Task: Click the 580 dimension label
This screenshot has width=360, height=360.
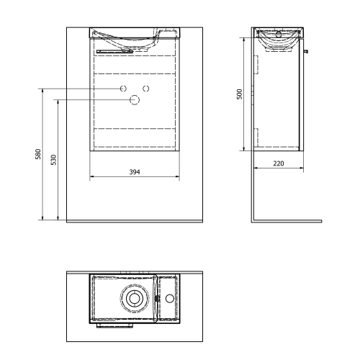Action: click(38, 154)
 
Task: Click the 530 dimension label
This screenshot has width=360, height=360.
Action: click(54, 160)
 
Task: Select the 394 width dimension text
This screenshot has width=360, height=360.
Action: click(135, 172)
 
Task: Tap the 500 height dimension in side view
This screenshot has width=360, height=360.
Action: click(240, 94)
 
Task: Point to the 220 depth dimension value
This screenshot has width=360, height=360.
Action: click(279, 163)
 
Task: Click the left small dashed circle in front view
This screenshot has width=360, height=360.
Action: click(123, 89)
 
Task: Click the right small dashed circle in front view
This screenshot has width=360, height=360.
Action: click(146, 89)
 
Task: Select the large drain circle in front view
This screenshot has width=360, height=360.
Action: click(135, 100)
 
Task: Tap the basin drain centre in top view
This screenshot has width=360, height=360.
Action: click(133, 298)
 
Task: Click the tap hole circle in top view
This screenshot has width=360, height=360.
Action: click(170, 298)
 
